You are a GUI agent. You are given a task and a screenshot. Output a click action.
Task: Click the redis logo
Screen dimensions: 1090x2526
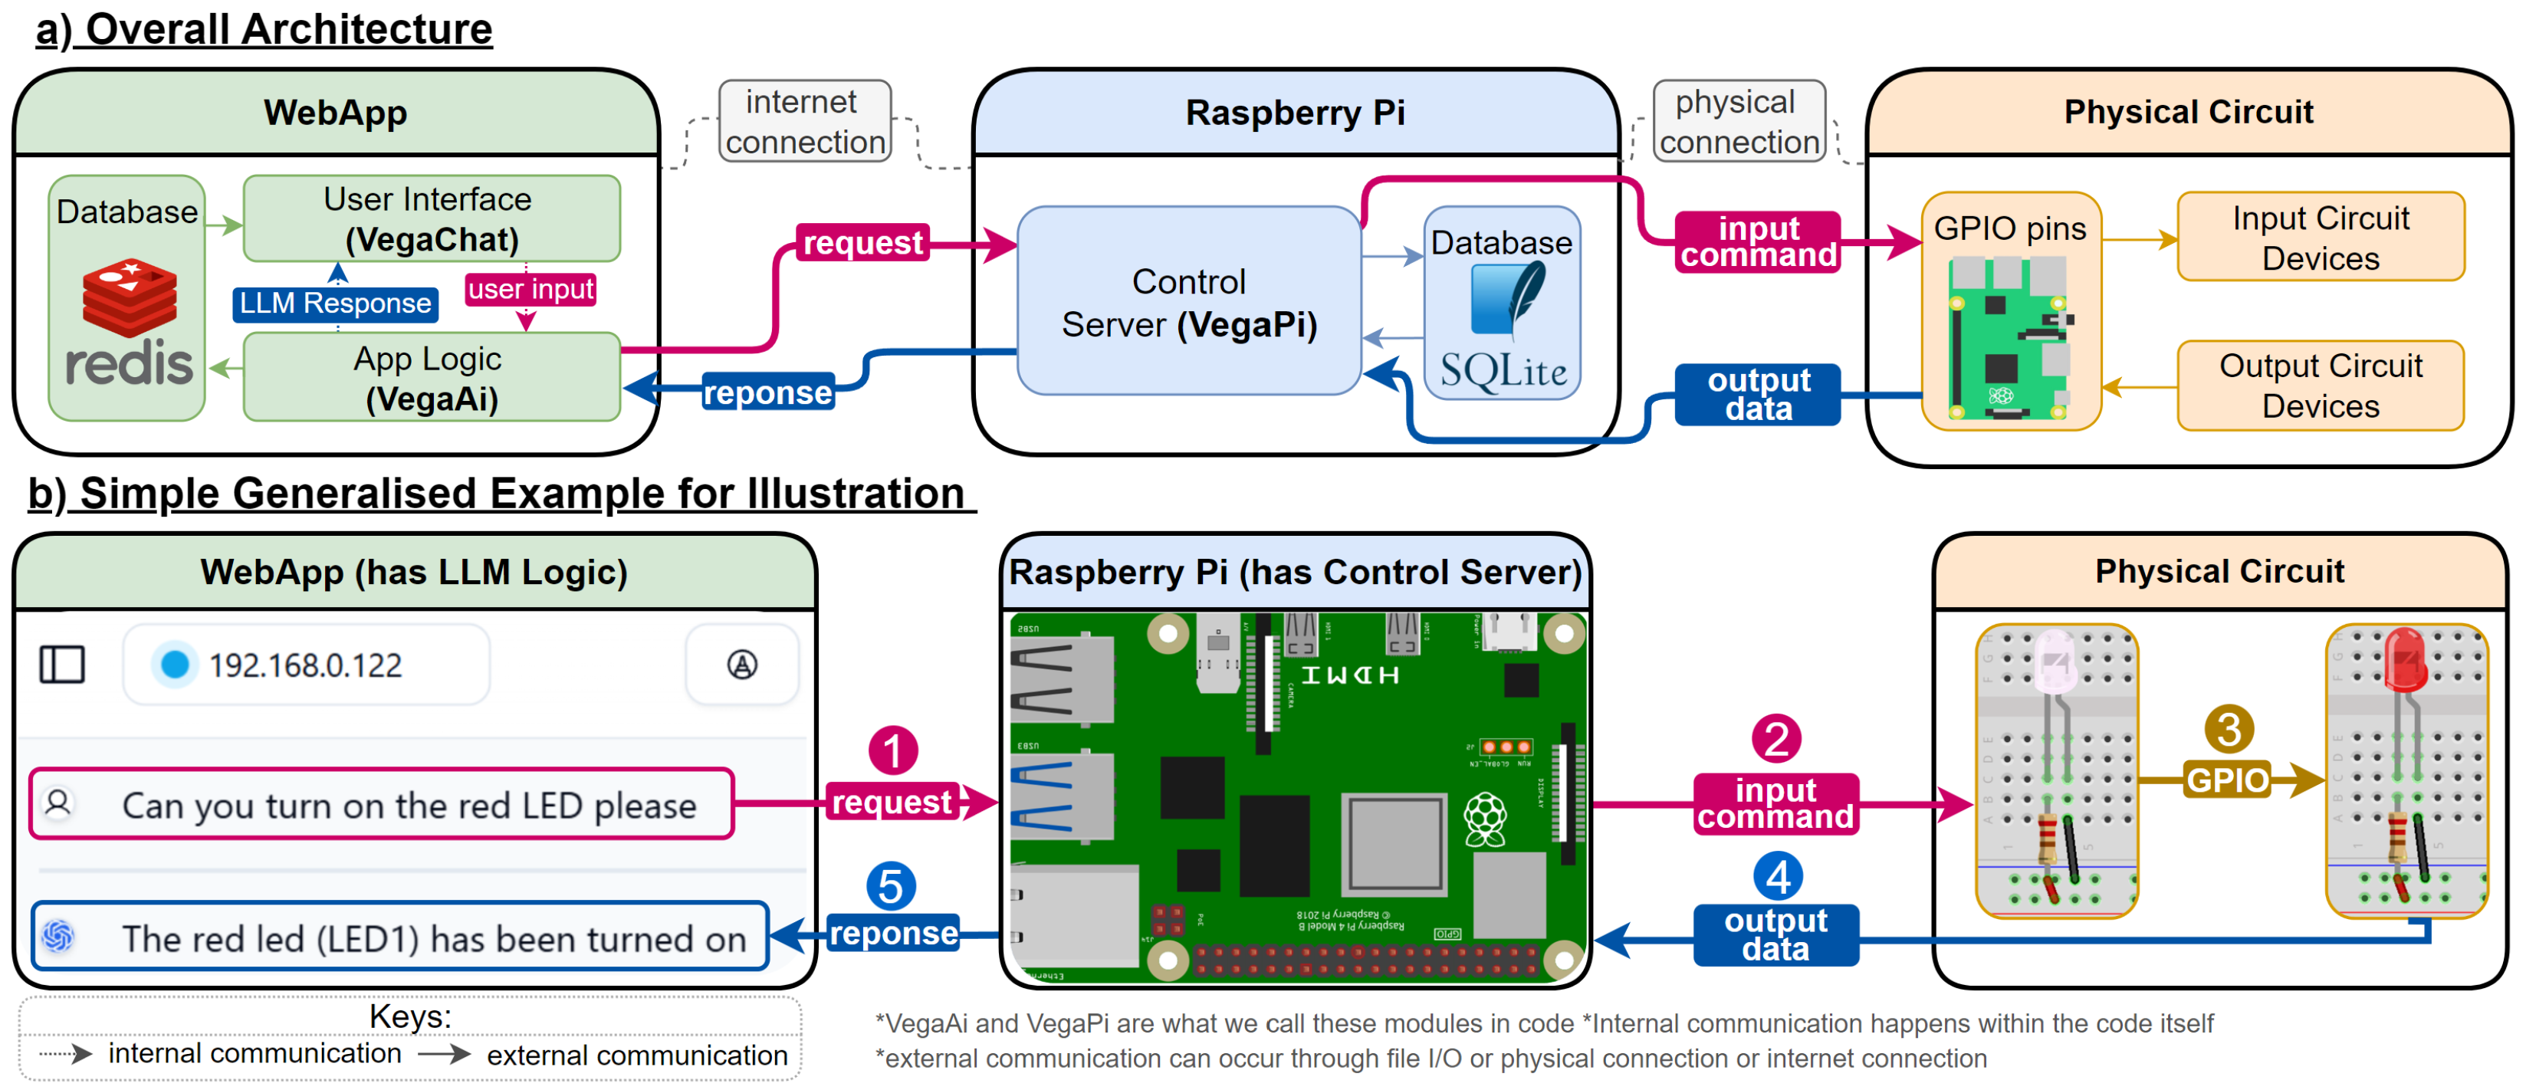click(129, 323)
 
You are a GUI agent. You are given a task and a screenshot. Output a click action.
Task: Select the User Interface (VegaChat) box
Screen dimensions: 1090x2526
click(431, 218)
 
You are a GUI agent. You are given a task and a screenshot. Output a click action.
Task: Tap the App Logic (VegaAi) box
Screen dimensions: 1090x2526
click(431, 379)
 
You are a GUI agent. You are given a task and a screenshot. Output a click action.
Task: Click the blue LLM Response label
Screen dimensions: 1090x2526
click(334, 303)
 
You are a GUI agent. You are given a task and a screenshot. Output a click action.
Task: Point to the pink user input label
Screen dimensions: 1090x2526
click(530, 289)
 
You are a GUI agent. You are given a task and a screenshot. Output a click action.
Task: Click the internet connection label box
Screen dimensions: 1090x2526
click(805, 122)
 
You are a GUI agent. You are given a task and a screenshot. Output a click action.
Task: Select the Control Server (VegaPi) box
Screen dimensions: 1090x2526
click(1188, 302)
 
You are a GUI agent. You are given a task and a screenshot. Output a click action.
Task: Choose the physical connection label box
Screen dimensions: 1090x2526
click(1739, 122)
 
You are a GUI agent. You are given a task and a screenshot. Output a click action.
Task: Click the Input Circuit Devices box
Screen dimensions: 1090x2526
click(2319, 237)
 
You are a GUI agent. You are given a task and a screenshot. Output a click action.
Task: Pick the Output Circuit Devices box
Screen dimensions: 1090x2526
click(2319, 386)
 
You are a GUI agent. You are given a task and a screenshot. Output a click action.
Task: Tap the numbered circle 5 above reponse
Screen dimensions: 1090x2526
click(890, 886)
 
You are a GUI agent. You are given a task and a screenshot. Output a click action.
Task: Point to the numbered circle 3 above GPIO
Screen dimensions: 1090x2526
click(2228, 729)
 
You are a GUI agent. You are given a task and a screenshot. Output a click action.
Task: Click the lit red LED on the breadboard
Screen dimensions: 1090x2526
click(2404, 658)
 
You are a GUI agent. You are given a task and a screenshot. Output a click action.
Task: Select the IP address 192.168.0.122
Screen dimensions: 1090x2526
click(305, 665)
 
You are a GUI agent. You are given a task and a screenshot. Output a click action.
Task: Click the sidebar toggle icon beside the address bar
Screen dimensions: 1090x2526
click(62, 665)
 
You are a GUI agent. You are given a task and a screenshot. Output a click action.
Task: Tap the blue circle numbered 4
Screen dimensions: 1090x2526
click(1777, 876)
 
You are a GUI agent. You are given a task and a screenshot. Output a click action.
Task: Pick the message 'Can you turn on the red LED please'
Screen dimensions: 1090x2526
click(408, 806)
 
